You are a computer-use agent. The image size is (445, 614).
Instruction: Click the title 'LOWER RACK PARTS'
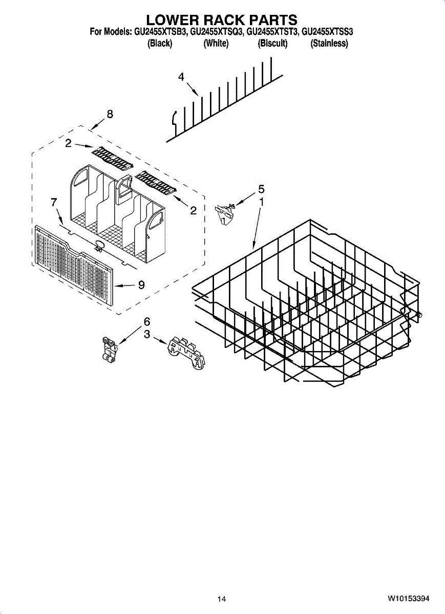coord(222,20)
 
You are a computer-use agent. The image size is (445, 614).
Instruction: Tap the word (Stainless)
coord(329,43)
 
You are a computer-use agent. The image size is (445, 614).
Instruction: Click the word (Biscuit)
coord(272,43)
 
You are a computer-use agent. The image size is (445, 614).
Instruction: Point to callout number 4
coord(181,77)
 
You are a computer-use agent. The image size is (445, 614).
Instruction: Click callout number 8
coord(110,114)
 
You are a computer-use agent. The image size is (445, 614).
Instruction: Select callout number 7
coord(54,202)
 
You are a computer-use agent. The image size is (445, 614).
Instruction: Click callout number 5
coord(261,188)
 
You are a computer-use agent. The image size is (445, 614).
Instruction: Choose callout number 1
coord(261,202)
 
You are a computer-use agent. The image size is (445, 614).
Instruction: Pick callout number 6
coord(147,321)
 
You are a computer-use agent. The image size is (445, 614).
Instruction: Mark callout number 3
coord(147,335)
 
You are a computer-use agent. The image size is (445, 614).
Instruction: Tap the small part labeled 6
coord(109,350)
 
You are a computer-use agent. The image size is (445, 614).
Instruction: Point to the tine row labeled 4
coord(225,102)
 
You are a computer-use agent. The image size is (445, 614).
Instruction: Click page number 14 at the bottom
coord(222,599)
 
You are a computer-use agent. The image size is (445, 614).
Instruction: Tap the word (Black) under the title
coord(160,43)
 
